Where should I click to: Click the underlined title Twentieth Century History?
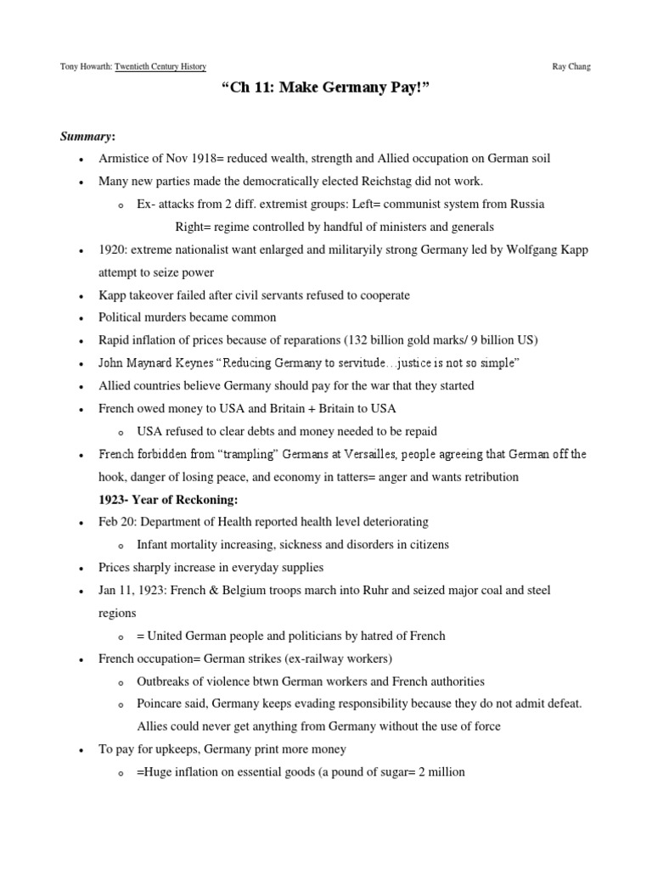pos(160,66)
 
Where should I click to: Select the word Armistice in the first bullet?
pos(126,159)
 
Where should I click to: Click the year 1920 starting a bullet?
pos(113,250)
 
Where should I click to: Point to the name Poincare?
pos(161,704)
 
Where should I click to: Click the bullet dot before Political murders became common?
pos(80,318)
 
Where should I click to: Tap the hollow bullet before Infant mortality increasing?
pos(121,545)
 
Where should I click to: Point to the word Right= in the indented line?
pos(194,227)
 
